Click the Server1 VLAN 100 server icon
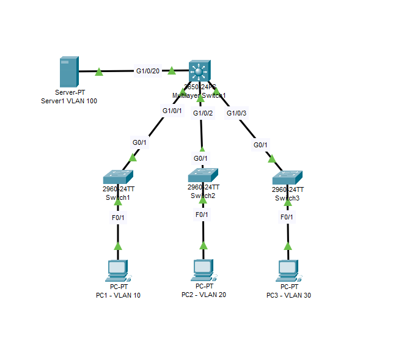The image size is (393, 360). click(x=68, y=72)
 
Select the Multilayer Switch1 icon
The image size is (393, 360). click(x=199, y=72)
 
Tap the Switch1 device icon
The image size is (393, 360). click(x=118, y=177)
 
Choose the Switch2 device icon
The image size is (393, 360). click(x=203, y=174)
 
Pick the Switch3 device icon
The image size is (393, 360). click(x=288, y=177)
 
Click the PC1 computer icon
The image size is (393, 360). click(x=117, y=270)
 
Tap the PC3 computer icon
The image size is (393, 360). click(x=288, y=270)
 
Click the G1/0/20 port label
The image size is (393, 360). click(x=148, y=71)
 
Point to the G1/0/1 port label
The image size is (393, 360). click(x=172, y=111)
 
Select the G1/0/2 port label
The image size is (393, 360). click(x=203, y=113)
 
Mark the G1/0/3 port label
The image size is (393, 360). click(x=237, y=113)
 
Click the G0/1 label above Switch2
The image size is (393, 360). click(x=201, y=158)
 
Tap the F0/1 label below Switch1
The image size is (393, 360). click(x=118, y=217)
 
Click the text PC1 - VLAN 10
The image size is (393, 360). click(x=118, y=296)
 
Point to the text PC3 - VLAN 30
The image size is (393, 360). click(x=288, y=296)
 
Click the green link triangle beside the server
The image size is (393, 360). click(x=99, y=72)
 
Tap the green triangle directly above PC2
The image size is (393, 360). click(x=203, y=246)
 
